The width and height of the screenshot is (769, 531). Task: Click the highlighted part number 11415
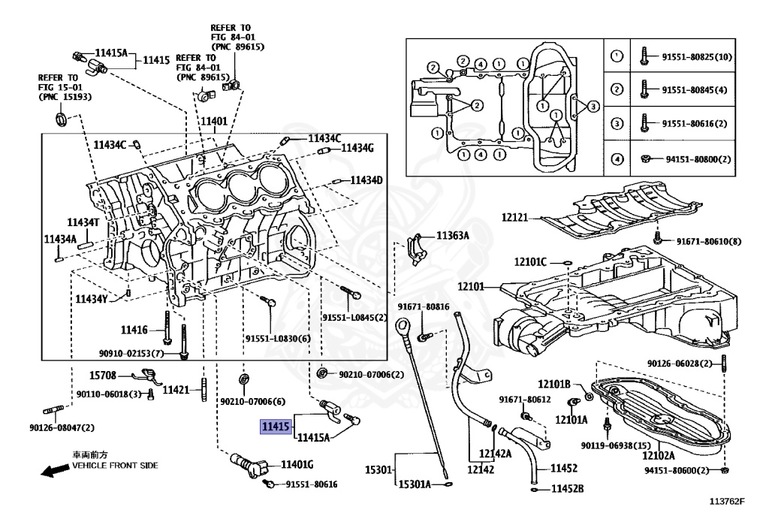pyautogui.click(x=275, y=427)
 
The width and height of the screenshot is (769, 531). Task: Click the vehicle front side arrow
pyautogui.click(x=53, y=472)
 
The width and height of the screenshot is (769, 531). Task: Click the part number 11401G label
pyautogui.click(x=297, y=464)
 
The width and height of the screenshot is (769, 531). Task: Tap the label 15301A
pyautogui.click(x=414, y=484)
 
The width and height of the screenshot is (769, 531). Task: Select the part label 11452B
pyautogui.click(x=567, y=489)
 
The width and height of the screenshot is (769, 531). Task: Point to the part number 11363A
pyautogui.click(x=453, y=236)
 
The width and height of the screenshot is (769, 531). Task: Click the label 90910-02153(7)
pyautogui.click(x=131, y=352)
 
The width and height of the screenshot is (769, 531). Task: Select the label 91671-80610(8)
pyautogui.click(x=708, y=241)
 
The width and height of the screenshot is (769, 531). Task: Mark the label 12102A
pyautogui.click(x=658, y=455)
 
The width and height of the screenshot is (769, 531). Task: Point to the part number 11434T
pyautogui.click(x=83, y=222)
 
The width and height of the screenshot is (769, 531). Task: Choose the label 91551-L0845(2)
pyautogui.click(x=354, y=317)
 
